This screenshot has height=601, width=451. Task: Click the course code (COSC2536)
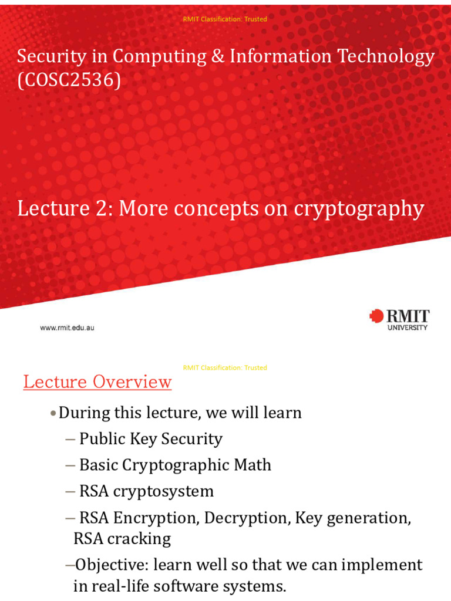tap(69, 80)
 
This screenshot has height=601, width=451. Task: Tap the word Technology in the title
tap(382, 56)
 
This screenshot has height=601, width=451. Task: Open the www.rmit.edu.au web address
tap(67, 328)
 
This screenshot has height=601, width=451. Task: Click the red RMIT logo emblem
tap(376, 316)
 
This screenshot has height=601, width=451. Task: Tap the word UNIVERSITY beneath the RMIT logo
tap(408, 327)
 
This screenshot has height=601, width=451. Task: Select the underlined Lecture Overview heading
tap(97, 382)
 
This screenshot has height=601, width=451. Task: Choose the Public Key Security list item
tap(150, 439)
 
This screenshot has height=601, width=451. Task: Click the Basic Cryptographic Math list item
tap(175, 465)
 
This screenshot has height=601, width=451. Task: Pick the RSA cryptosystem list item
tap(146, 491)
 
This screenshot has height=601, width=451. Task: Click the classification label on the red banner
tap(225, 19)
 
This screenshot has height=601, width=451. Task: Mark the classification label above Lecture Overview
tap(225, 368)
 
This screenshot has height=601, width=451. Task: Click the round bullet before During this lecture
tap(53, 413)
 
